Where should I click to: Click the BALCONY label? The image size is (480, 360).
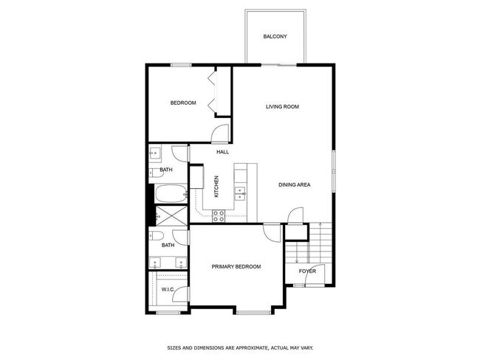(x=275, y=37)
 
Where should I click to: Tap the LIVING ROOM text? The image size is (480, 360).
(x=282, y=107)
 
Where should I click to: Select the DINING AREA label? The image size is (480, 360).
(x=294, y=184)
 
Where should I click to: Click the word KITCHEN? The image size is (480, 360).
(x=216, y=186)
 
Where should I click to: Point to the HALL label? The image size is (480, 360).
(x=222, y=152)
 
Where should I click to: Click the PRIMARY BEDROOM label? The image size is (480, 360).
(x=236, y=266)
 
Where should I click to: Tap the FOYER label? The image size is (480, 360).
(x=307, y=271)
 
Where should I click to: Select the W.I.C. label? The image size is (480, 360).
(x=168, y=289)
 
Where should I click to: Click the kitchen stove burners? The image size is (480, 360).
(x=219, y=215)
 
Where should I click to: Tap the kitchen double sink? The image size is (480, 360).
(x=241, y=194)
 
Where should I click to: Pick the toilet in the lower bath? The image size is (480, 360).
(x=158, y=236)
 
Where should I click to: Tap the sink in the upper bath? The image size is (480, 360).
(x=156, y=153)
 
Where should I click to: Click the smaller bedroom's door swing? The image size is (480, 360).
(x=219, y=134)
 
